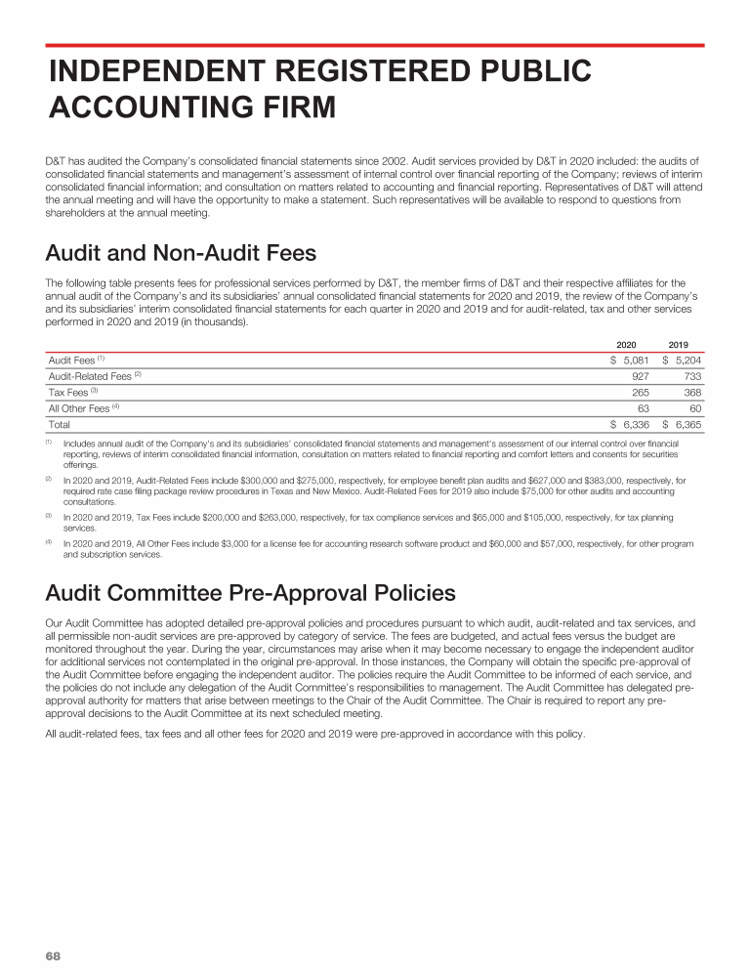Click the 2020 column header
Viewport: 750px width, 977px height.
[x=626, y=345]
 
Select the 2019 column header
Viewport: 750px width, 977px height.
[x=679, y=345]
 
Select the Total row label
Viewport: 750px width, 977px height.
[x=60, y=425]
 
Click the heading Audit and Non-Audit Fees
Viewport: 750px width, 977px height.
[x=181, y=254]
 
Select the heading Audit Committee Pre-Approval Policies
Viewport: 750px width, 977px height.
[x=250, y=593]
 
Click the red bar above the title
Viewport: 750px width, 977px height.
[x=375, y=45]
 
